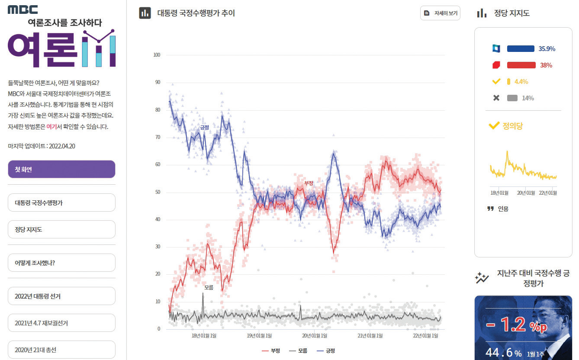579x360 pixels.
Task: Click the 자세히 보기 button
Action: (440, 13)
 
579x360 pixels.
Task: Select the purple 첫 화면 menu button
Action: (61, 169)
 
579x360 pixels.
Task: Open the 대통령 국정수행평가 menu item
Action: (61, 202)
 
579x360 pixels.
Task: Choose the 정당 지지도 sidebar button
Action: (61, 229)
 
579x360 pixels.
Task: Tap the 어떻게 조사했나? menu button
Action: (61, 263)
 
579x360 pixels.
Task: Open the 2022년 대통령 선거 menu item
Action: (61, 296)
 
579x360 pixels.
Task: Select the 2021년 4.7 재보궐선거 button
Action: (61, 323)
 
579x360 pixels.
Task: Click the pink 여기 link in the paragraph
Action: (51, 127)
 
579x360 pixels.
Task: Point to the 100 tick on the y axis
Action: (157, 55)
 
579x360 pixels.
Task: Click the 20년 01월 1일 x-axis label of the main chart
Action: (315, 336)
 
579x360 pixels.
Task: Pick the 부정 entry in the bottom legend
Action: (271, 350)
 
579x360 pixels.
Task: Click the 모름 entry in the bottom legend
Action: (298, 350)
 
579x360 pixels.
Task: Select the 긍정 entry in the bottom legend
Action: (326, 350)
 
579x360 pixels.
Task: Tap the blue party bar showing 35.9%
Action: (521, 48)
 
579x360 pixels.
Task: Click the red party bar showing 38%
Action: (521, 65)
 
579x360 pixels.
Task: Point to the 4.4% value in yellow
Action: (521, 82)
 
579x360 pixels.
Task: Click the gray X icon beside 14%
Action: (496, 98)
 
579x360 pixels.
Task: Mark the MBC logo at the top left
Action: (23, 10)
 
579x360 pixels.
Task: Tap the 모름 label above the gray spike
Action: (209, 287)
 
